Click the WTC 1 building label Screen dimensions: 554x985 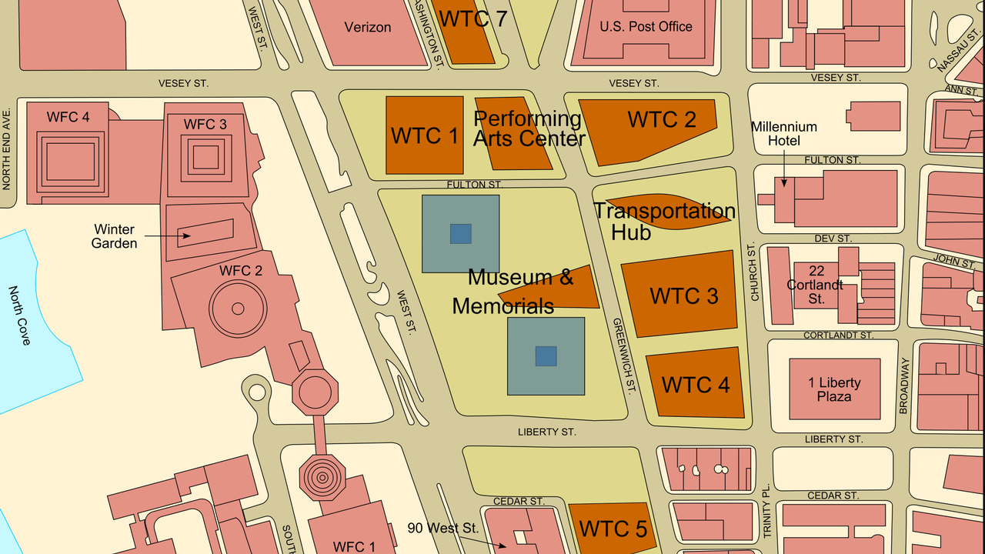(425, 135)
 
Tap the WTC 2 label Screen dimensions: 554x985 (662, 119)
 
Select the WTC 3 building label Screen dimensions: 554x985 (684, 296)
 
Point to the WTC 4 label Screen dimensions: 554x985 (696, 385)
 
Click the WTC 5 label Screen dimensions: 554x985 (613, 529)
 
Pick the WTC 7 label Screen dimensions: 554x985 (473, 18)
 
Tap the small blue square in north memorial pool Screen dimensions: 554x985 (460, 234)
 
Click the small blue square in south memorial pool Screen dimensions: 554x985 (546, 356)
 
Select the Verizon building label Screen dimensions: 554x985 (368, 27)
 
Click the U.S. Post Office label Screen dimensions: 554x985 (646, 26)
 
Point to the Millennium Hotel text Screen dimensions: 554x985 (784, 134)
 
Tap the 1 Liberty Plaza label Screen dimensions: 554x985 (834, 389)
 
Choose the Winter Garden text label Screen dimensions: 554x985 (114, 236)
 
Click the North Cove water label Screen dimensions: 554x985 (20, 315)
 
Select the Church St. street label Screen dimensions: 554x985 (754, 272)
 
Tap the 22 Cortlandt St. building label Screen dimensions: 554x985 (816, 285)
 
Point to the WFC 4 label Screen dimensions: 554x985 (68, 117)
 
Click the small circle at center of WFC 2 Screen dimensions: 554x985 (238, 309)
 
